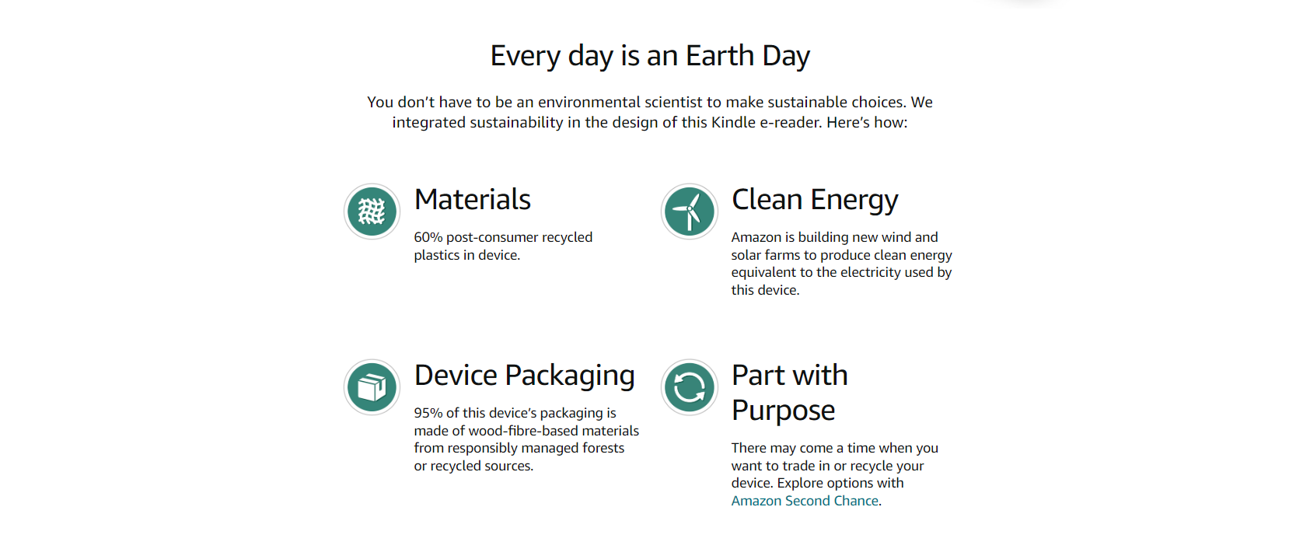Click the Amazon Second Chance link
tap(804, 501)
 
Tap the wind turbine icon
tap(689, 212)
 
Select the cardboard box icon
tap(372, 387)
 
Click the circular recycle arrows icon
tap(689, 387)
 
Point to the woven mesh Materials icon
tap(372, 212)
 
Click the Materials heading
tap(472, 200)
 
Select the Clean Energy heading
tap(815, 201)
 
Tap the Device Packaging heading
tap(524, 376)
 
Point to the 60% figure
tap(428, 237)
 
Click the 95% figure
tap(428, 413)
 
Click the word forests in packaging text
tap(603, 448)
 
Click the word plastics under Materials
tap(436, 256)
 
